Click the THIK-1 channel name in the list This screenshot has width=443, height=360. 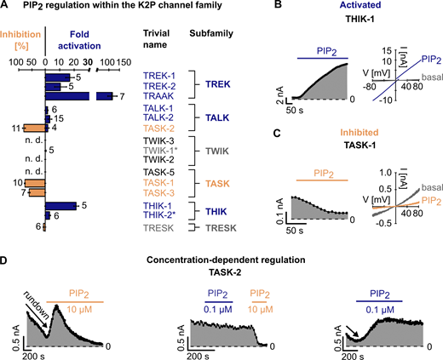coord(156,206)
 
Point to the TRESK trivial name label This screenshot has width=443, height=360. coord(156,226)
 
